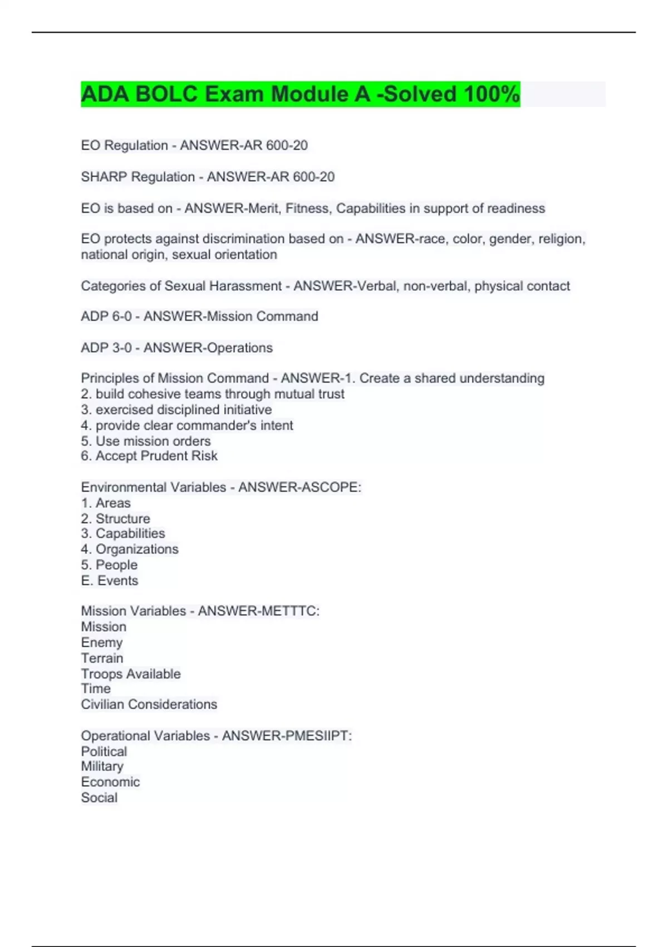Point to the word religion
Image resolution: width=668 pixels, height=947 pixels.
[x=561, y=239]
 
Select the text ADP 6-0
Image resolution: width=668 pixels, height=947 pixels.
[x=106, y=316]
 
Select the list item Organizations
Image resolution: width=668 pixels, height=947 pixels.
[x=137, y=549]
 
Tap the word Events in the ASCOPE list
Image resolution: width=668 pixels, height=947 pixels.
[x=117, y=580]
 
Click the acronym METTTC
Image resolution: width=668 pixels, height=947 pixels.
[x=289, y=611]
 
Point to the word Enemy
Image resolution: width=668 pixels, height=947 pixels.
[x=101, y=642]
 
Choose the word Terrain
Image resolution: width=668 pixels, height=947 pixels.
[x=102, y=658]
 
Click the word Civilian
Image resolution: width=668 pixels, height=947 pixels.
[x=102, y=704]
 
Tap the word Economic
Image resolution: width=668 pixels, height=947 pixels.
[x=110, y=782]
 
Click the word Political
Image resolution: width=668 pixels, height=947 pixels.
[x=104, y=751]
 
